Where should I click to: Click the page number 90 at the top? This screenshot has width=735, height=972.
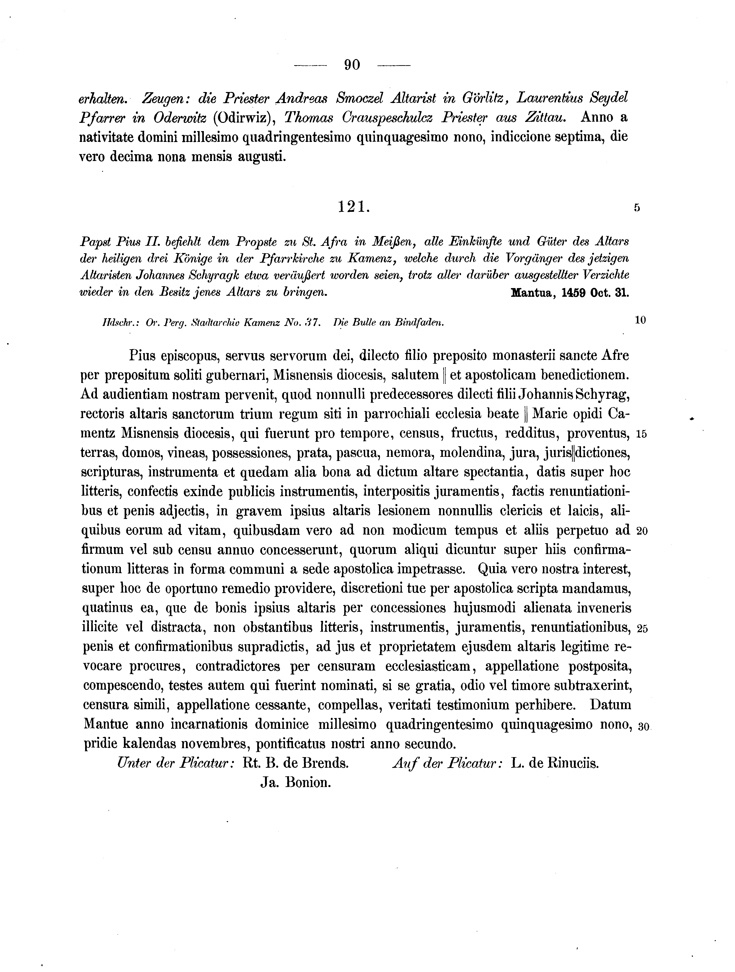(x=352, y=65)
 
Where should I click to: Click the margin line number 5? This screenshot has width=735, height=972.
(x=637, y=209)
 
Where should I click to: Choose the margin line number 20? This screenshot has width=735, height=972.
(x=641, y=531)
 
